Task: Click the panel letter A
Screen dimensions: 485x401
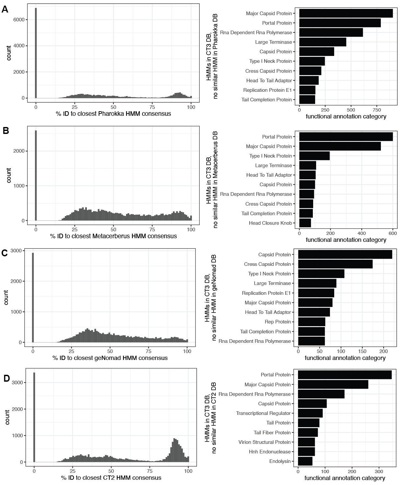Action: point(5,9)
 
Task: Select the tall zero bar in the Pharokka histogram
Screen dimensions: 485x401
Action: point(36,53)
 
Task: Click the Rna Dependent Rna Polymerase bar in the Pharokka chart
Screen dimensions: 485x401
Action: point(331,33)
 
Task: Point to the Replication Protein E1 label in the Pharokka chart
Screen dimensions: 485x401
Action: point(267,90)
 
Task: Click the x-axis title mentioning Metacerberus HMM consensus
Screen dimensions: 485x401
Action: point(113,236)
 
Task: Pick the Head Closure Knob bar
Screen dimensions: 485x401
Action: point(305,223)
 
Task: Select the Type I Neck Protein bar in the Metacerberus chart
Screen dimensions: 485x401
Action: point(314,156)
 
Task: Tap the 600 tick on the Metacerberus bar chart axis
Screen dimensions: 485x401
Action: point(393,233)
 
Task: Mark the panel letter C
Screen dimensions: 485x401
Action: point(5,253)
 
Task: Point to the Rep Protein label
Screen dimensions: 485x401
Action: point(278,322)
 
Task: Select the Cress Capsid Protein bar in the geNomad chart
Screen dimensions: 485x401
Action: point(335,264)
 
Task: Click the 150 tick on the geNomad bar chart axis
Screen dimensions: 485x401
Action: point(362,351)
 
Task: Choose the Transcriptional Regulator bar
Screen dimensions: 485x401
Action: point(310,413)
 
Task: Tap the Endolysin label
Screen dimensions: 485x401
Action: point(280,461)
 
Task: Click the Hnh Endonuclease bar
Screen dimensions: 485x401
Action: point(306,452)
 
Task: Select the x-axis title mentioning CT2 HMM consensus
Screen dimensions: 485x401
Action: point(111,478)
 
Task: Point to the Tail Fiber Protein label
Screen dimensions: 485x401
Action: point(272,433)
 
